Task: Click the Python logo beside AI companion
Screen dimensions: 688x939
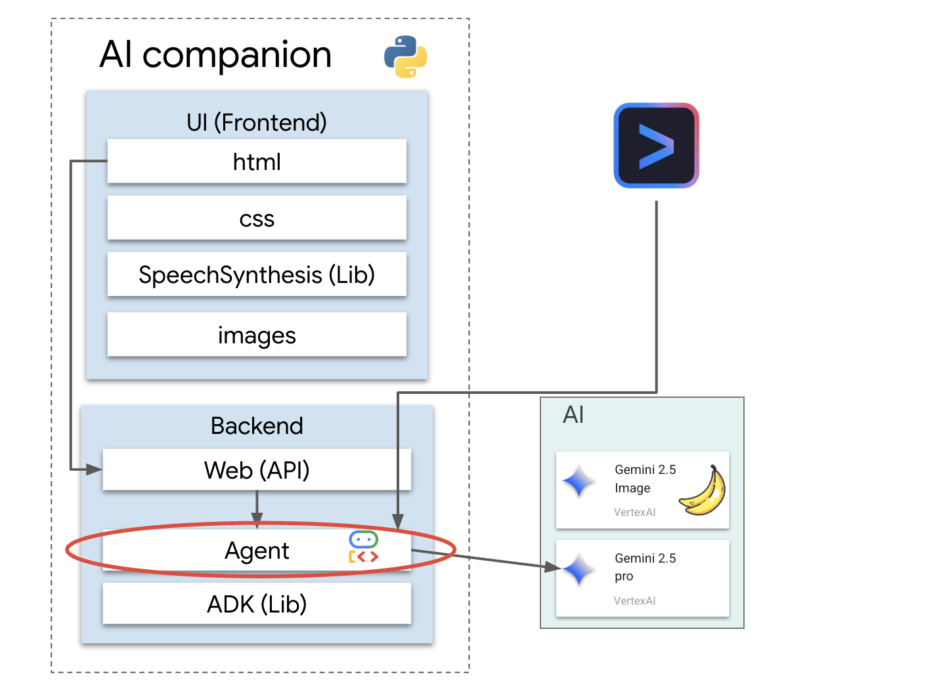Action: [405, 56]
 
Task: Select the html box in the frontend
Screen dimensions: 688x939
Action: [257, 161]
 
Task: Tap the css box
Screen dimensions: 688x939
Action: [257, 218]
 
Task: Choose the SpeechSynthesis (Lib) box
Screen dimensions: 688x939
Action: [257, 274]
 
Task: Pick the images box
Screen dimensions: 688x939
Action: [257, 335]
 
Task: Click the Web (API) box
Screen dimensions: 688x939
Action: [257, 470]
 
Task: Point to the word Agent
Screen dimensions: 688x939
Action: [257, 550]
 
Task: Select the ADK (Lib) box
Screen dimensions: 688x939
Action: [257, 604]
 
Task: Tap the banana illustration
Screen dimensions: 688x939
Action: [703, 491]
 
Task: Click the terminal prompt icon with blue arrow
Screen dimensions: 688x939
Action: [656, 145]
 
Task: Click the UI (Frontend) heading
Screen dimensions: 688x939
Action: [257, 122]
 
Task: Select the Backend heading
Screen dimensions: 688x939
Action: [257, 425]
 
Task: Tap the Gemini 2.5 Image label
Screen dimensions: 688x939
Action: [645, 479]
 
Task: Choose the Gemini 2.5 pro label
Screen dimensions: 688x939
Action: [645, 567]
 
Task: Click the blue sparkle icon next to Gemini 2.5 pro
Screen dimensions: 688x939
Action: [579, 569]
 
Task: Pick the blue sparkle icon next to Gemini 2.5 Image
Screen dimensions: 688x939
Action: [579, 482]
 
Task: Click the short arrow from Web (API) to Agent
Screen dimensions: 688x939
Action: [257, 507]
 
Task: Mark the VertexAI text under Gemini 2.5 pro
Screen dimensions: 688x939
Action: [634, 601]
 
